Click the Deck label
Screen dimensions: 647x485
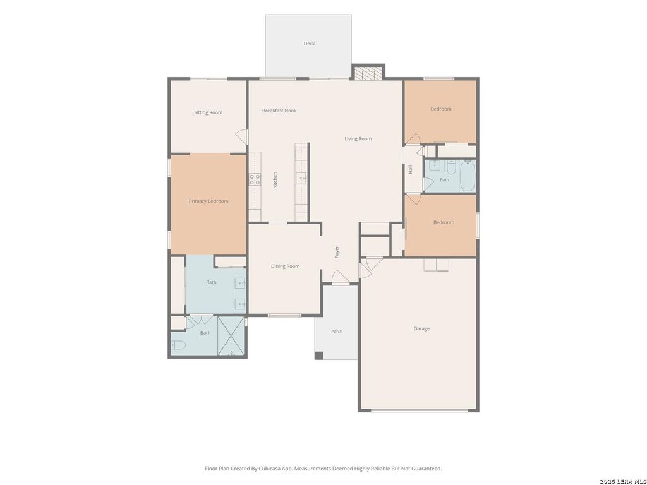(x=309, y=44)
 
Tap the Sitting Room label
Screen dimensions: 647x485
(x=208, y=112)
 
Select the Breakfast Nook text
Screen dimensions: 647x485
(x=279, y=111)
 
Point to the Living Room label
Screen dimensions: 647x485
(x=358, y=138)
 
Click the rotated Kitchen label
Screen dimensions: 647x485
(x=275, y=180)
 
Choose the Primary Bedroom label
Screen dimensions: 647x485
(x=209, y=201)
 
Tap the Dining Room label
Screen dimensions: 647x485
(x=285, y=266)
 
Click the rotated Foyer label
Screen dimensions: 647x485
(x=337, y=252)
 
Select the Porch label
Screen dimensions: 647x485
(x=337, y=331)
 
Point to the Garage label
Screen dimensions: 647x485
(x=421, y=328)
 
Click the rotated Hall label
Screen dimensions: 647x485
(x=410, y=169)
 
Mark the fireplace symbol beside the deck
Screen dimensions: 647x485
(x=368, y=73)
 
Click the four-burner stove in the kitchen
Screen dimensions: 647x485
(x=255, y=180)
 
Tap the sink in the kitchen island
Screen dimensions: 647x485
(x=301, y=177)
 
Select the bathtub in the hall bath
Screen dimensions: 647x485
(x=468, y=176)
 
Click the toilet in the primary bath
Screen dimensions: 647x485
(x=178, y=345)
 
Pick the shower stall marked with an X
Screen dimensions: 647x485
(x=231, y=336)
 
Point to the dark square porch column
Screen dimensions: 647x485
(x=319, y=356)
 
